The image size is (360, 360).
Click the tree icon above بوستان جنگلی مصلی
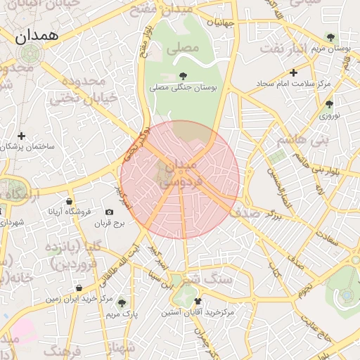[x=184, y=76]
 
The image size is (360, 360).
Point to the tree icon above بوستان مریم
[x=330, y=37]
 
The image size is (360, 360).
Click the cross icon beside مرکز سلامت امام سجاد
[x=293, y=72]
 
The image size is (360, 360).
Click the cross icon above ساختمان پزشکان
[x=22, y=136]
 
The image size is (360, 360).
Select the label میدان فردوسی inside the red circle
[x=181, y=173]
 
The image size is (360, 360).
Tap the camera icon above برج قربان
[x=109, y=212]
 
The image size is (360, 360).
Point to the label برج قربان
[x=109, y=224]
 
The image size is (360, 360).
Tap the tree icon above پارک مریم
[x=122, y=303]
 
